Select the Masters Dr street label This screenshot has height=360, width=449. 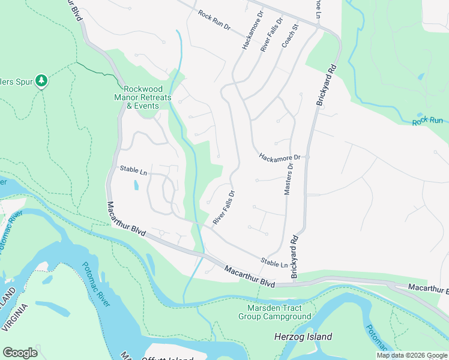[288, 179]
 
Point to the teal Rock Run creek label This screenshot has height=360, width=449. [427, 122]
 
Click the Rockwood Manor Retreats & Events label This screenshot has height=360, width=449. [143, 97]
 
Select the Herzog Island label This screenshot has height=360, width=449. [303, 337]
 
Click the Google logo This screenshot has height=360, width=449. [20, 353]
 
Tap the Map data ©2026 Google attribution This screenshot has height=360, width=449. [412, 355]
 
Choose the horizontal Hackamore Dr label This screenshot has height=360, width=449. [283, 157]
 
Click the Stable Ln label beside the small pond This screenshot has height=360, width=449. [133, 169]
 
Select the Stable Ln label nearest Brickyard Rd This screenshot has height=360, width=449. [274, 262]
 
